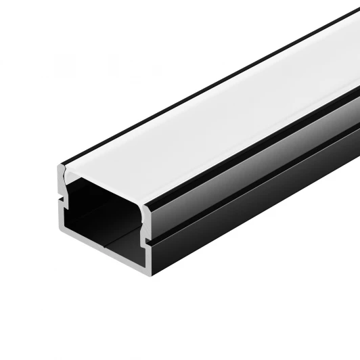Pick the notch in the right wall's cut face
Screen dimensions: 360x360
click(146, 238)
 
